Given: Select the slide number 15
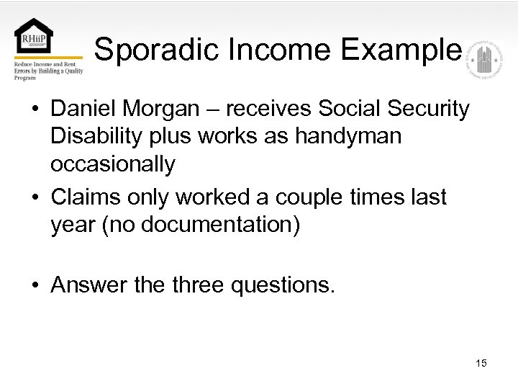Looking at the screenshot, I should pyautogui.click(x=481, y=363).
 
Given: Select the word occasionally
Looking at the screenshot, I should pyautogui.click(x=112, y=165).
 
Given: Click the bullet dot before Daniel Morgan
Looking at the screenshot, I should pyautogui.click(x=35, y=109).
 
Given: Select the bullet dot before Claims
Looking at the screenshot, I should pyautogui.click(x=35, y=197).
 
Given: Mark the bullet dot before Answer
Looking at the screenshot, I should pyautogui.click(x=35, y=286).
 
